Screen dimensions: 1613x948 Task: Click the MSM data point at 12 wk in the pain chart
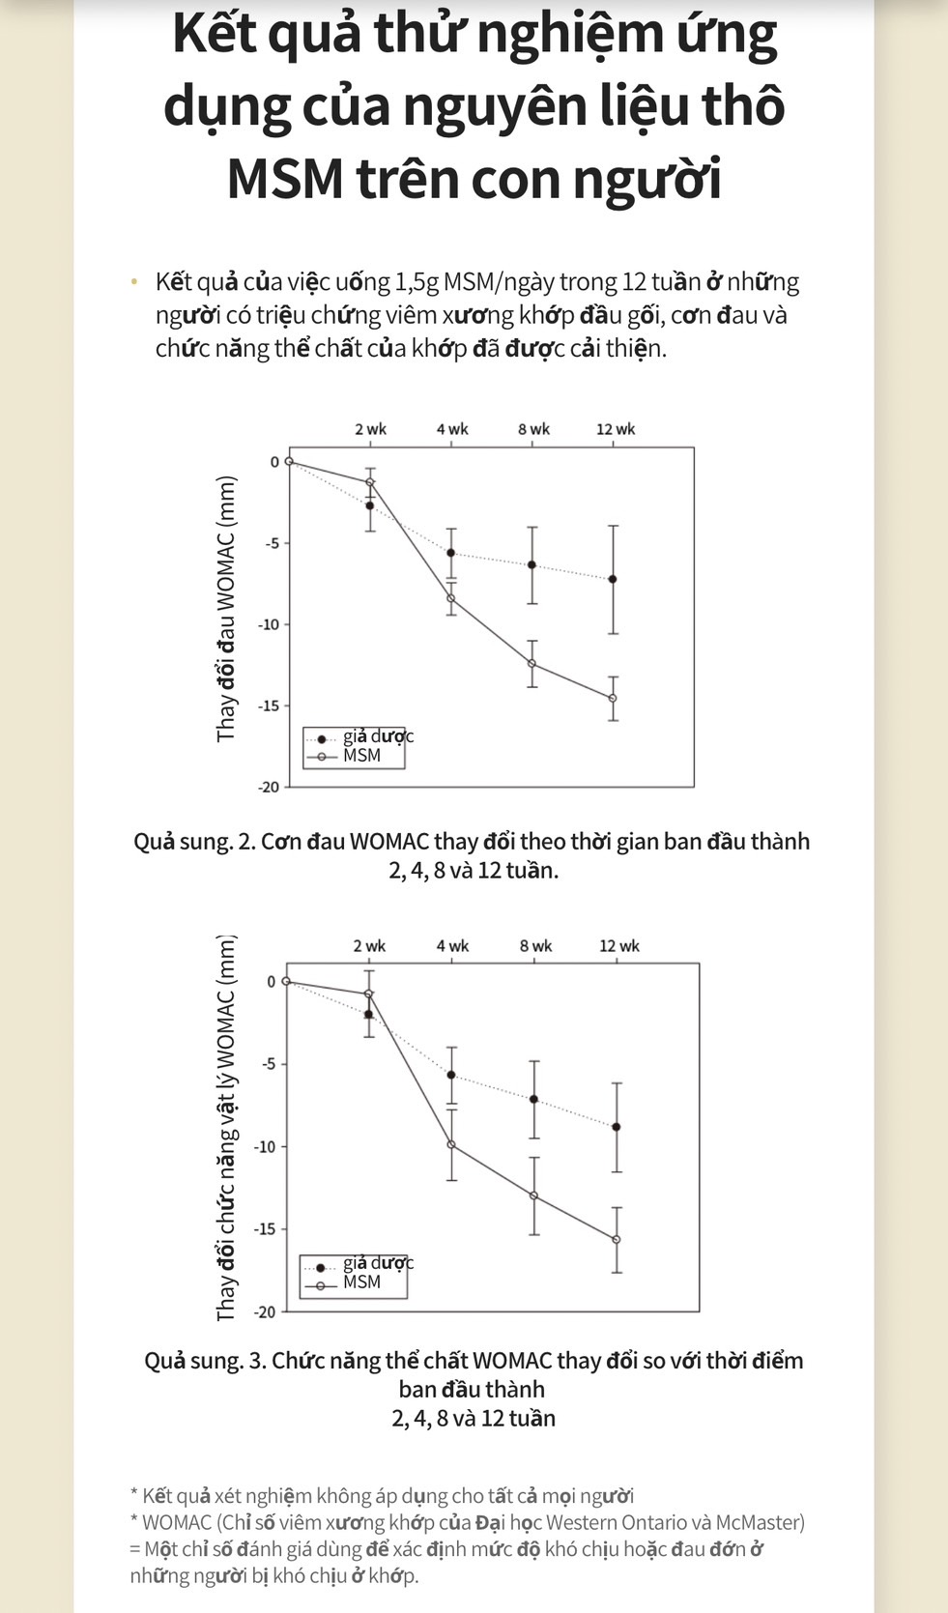[x=613, y=698]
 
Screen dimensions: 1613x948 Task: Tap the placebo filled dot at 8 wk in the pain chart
[x=531, y=564]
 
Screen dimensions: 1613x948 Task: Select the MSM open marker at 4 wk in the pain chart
[x=451, y=598]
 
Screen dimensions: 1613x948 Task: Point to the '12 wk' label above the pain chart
[x=616, y=429]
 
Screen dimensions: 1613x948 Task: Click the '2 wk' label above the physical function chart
[x=369, y=946]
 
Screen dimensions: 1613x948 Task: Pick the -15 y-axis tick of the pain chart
[x=268, y=706]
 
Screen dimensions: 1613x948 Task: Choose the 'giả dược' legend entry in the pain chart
[x=378, y=736]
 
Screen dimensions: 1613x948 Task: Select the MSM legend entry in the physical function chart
[x=361, y=1282]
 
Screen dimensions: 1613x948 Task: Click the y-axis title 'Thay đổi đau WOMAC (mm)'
[x=226, y=610]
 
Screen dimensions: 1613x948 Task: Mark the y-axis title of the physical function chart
[x=226, y=1128]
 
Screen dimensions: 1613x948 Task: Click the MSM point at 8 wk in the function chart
[x=533, y=1195]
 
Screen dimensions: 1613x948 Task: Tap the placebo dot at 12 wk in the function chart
[x=617, y=1127]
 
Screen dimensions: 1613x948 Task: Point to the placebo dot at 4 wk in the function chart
[x=451, y=1075]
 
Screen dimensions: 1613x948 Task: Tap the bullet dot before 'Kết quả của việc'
[x=134, y=282]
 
